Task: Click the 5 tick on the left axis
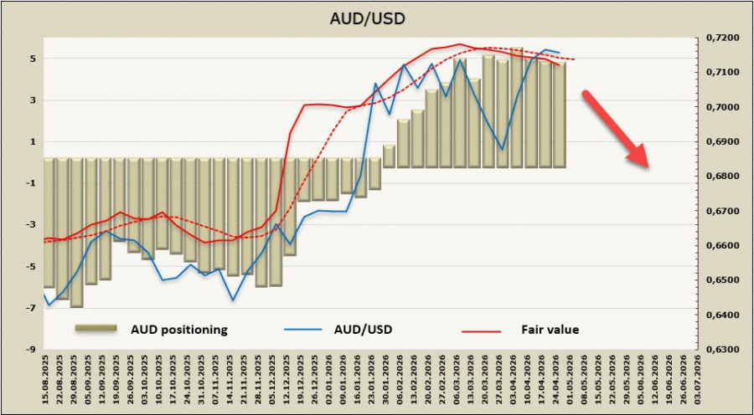[31, 59]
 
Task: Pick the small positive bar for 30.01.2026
[389, 156]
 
